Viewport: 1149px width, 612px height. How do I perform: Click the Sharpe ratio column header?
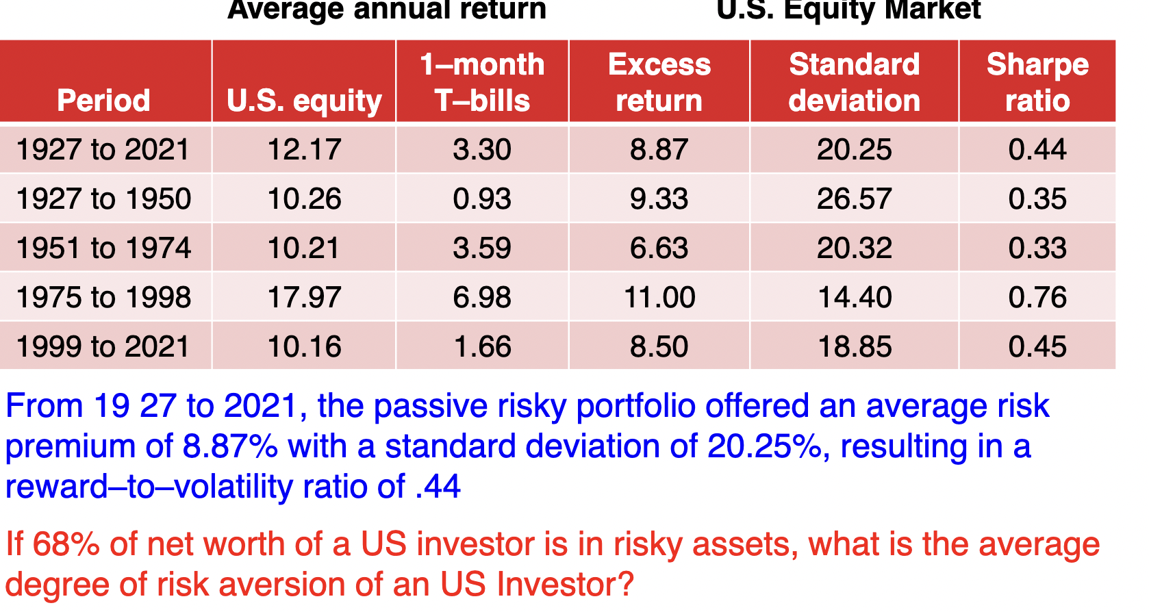[x=1037, y=82]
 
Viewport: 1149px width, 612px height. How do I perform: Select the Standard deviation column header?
[x=854, y=82]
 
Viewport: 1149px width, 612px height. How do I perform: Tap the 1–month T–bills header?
[x=482, y=82]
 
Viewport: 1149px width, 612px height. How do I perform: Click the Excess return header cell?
[x=659, y=82]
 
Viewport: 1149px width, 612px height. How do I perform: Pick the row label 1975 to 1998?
[x=103, y=298]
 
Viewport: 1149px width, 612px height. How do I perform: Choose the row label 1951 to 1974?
[x=103, y=248]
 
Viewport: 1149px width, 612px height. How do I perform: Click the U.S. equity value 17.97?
[x=304, y=298]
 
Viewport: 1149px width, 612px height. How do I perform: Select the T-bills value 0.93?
[x=482, y=199]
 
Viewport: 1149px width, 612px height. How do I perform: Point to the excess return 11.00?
[x=659, y=298]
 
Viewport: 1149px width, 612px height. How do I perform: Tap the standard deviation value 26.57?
[x=854, y=199]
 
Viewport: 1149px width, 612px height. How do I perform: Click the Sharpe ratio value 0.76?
[x=1037, y=298]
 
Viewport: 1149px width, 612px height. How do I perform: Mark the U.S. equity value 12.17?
[x=304, y=150]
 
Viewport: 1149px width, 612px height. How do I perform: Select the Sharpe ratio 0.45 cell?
[x=1037, y=347]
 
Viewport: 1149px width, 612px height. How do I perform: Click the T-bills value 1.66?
[x=482, y=347]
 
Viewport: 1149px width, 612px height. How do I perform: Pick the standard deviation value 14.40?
[x=854, y=298]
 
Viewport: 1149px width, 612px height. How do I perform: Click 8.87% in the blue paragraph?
[x=230, y=447]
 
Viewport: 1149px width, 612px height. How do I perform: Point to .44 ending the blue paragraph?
[x=438, y=487]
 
